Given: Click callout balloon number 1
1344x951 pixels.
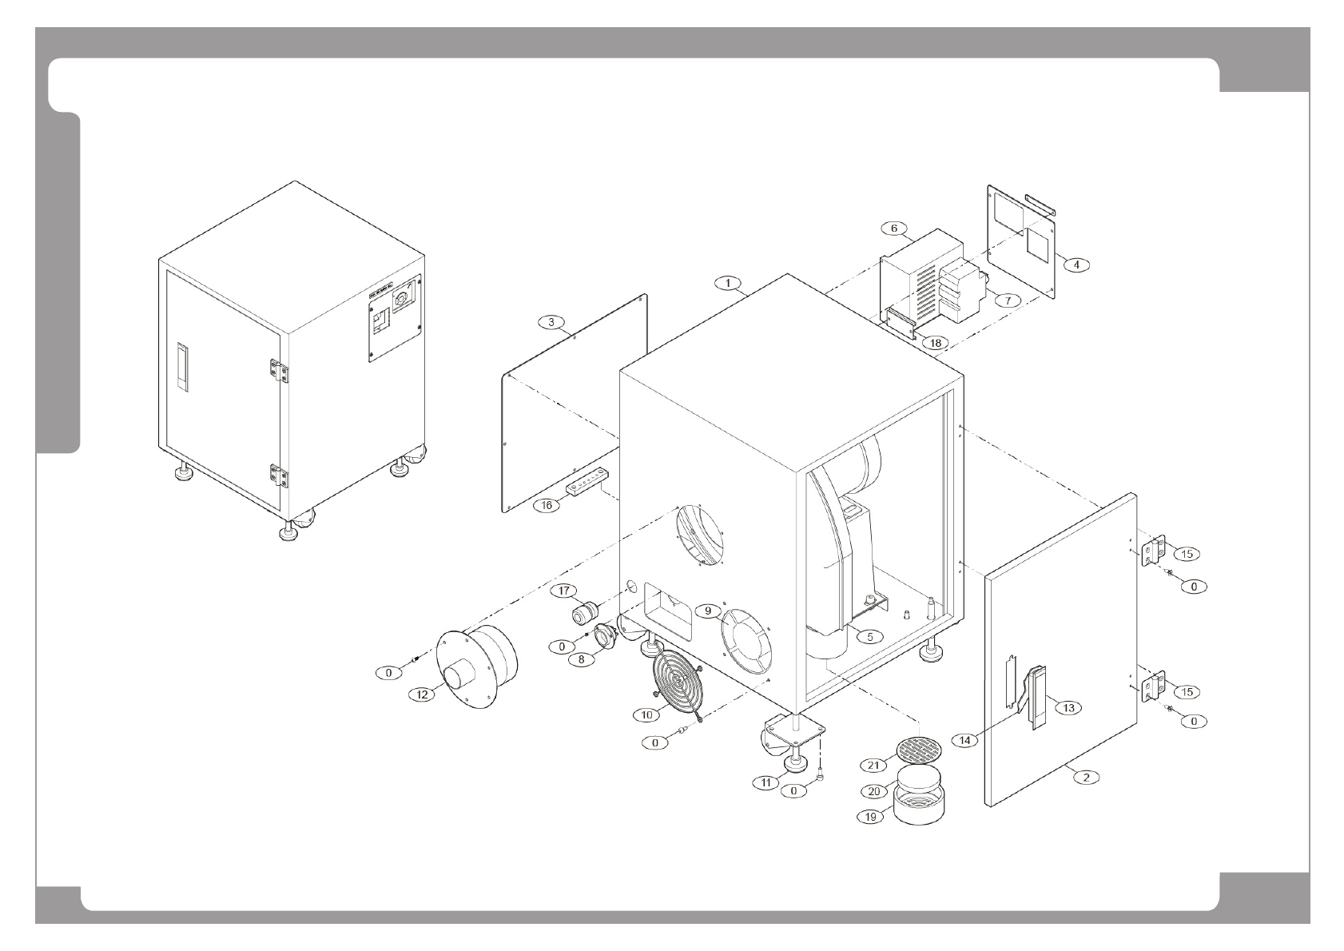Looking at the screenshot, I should (728, 283).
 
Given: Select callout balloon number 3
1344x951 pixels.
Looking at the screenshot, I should (551, 322).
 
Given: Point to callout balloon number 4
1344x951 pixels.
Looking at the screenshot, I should (1076, 265).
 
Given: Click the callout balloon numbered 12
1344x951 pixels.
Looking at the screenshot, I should (422, 694).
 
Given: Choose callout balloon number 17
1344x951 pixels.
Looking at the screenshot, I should (566, 591).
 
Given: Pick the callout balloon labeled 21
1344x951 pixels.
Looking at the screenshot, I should (873, 766).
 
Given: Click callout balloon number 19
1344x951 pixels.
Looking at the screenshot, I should (869, 817).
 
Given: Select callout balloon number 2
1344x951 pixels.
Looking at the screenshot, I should (1085, 776).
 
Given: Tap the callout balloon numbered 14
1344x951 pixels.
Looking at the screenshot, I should (965, 740).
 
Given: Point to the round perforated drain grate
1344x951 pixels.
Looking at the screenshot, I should (919, 749).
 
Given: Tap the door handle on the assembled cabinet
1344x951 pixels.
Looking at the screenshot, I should (182, 367).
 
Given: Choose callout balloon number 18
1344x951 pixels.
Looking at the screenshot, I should (935, 343).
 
